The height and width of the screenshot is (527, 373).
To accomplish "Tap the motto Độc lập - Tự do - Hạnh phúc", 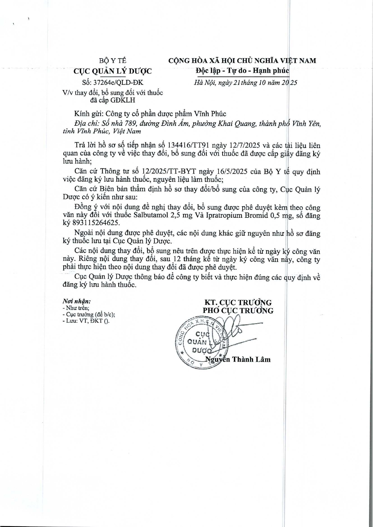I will pos(242,71).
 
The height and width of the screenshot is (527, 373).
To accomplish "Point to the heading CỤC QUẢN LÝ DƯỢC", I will pos(113,71).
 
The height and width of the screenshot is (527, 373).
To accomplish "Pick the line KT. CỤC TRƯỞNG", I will pos(238,302).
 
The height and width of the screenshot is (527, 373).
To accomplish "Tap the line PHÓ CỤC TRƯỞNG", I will pos(238,310).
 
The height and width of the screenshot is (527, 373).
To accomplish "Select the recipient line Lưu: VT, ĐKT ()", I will pos(86,321).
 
